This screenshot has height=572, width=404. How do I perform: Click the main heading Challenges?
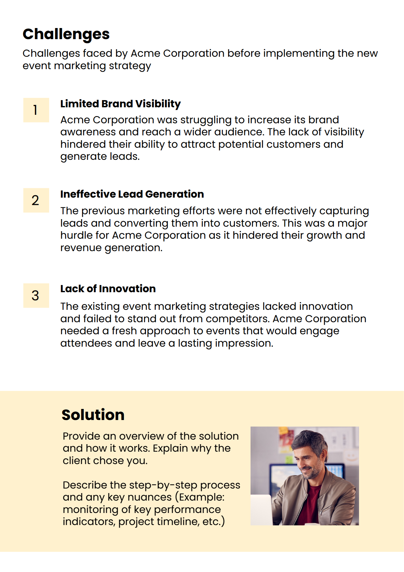66,34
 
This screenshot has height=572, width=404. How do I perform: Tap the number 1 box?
36,110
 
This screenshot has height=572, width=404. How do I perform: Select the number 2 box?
36,200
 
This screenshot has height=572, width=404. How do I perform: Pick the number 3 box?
36,295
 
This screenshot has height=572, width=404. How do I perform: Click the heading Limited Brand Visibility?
120,104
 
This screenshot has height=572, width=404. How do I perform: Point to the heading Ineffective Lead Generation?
132,194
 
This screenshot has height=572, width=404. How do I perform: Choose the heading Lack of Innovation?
108,289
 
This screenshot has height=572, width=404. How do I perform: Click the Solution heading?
93,415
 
